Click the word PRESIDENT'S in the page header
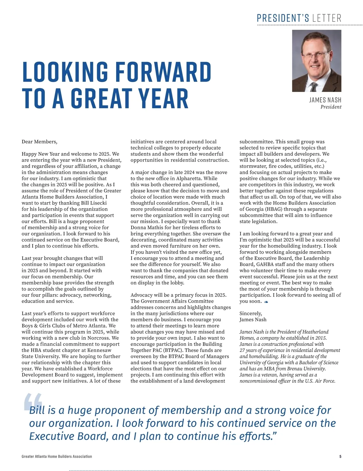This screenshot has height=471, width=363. tap(283, 18)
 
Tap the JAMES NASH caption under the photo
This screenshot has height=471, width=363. tap(325, 100)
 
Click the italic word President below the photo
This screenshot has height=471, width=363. tap(331, 107)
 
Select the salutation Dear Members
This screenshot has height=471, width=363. tap(39, 142)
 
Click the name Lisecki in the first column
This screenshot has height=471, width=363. tap(97, 203)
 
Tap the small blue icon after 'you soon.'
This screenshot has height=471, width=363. tap(266, 302)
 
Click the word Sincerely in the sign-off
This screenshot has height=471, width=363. tap(250, 313)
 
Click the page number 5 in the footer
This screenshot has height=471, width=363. tap(340, 456)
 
